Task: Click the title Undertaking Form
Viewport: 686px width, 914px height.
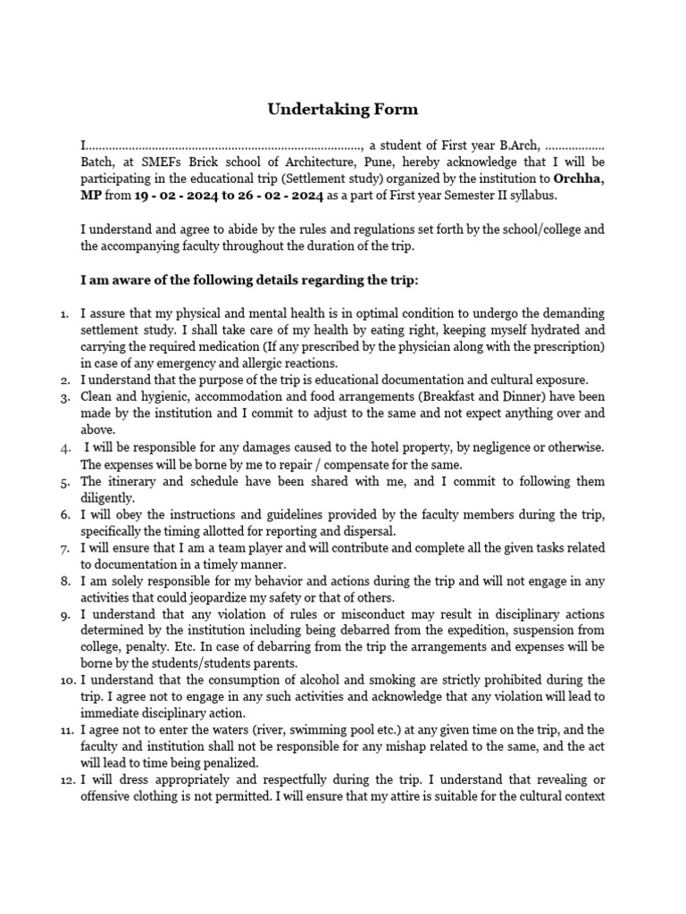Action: [x=343, y=110]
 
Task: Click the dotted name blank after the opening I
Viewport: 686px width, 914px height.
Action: [x=223, y=145]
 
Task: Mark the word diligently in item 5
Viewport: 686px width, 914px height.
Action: [x=108, y=498]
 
